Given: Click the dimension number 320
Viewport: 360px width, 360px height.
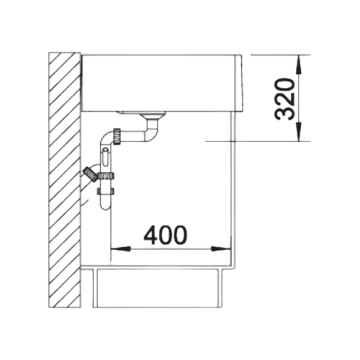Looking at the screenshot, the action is (285, 99).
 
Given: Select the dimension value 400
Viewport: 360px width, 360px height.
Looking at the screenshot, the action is (165, 235).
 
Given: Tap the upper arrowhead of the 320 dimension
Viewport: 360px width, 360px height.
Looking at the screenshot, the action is (299, 65).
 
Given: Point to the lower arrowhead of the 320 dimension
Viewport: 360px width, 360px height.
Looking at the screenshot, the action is (299, 132).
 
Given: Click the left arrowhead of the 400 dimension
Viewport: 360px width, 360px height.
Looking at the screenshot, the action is (120, 249).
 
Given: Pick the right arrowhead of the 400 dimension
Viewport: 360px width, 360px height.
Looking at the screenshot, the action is (221, 249).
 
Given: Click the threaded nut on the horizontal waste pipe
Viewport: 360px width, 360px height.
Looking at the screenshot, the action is (117, 136).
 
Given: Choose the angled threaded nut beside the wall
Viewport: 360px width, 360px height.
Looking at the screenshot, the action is (90, 175).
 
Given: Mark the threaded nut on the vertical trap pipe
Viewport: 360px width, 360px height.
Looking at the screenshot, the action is (105, 176).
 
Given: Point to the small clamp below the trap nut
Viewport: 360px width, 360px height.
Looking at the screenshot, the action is (105, 192).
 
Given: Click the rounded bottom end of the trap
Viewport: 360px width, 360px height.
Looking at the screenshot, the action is (106, 205).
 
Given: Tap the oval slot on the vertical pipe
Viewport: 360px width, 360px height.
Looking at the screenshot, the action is (106, 156).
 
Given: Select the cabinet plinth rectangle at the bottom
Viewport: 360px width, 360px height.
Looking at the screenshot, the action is (157, 288).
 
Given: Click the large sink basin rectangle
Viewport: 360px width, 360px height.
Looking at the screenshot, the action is (158, 84).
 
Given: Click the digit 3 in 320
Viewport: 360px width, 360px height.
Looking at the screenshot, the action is (285, 113).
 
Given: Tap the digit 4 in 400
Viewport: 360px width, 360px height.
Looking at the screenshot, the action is (150, 235).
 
